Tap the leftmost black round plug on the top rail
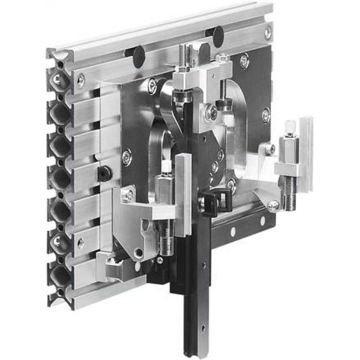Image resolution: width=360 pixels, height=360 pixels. [139, 57]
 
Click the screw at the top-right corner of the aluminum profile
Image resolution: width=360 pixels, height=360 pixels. [268, 33]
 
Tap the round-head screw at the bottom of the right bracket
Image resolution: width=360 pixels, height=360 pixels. [274, 205]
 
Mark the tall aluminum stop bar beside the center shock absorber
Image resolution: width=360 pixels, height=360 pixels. [183, 194]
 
